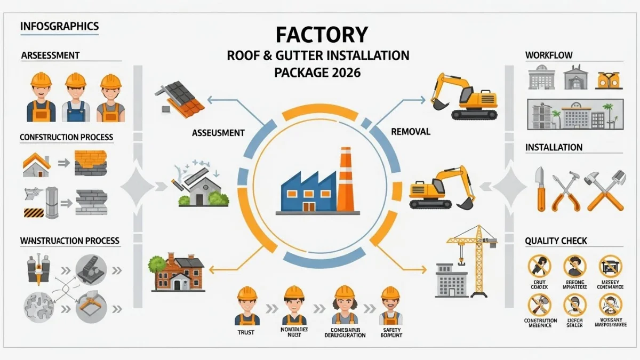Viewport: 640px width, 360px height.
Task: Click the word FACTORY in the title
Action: point(322,35)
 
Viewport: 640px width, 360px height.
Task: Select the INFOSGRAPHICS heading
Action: point(59,26)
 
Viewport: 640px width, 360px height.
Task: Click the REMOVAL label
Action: point(410,131)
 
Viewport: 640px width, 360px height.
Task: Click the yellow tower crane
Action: point(473,256)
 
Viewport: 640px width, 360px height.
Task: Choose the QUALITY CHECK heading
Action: point(556,241)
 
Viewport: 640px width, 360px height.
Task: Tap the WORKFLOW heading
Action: point(549,55)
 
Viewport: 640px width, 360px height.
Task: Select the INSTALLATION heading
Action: point(554,147)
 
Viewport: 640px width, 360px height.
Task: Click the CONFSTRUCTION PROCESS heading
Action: point(67,137)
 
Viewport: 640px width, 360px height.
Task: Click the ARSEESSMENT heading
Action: point(50,55)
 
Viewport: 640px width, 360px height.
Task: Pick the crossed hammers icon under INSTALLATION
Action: point(606,190)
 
